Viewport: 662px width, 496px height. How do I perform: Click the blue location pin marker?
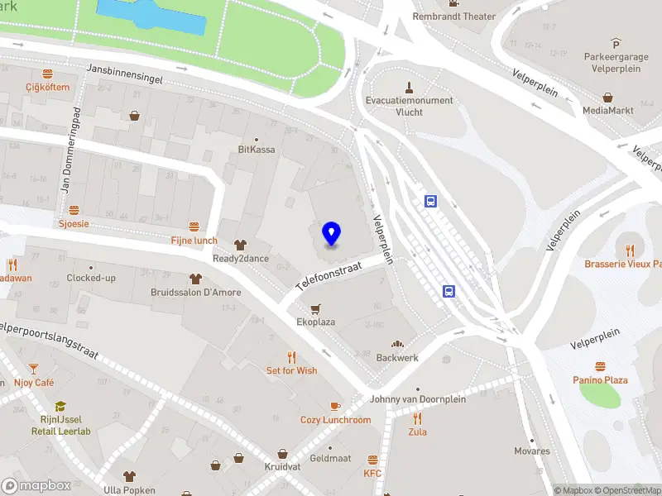click(x=331, y=234)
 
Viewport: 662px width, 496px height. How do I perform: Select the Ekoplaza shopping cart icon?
click(x=315, y=308)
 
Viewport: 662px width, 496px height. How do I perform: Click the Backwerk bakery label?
click(x=397, y=358)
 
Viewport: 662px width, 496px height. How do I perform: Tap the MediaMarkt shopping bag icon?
click(x=608, y=97)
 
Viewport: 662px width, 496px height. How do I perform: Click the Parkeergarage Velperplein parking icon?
click(x=616, y=43)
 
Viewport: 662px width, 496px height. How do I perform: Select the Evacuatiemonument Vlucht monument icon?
click(x=409, y=87)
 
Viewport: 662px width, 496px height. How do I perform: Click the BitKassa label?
click(x=256, y=150)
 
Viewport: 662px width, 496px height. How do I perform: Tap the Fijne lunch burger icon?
click(x=194, y=227)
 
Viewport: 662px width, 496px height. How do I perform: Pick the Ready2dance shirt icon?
click(x=240, y=245)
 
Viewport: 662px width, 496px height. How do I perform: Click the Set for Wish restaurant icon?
click(x=291, y=357)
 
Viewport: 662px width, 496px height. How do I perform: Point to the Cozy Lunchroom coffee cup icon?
click(x=335, y=406)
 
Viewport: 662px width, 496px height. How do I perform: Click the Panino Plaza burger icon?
click(x=600, y=366)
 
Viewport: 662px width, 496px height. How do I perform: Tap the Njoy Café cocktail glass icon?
click(x=33, y=369)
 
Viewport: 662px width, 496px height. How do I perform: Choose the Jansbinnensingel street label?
click(x=123, y=73)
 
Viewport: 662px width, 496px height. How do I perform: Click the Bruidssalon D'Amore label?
click(x=195, y=293)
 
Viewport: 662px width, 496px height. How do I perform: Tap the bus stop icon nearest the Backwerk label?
click(x=449, y=291)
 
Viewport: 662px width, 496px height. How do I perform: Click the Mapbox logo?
click(x=36, y=485)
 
